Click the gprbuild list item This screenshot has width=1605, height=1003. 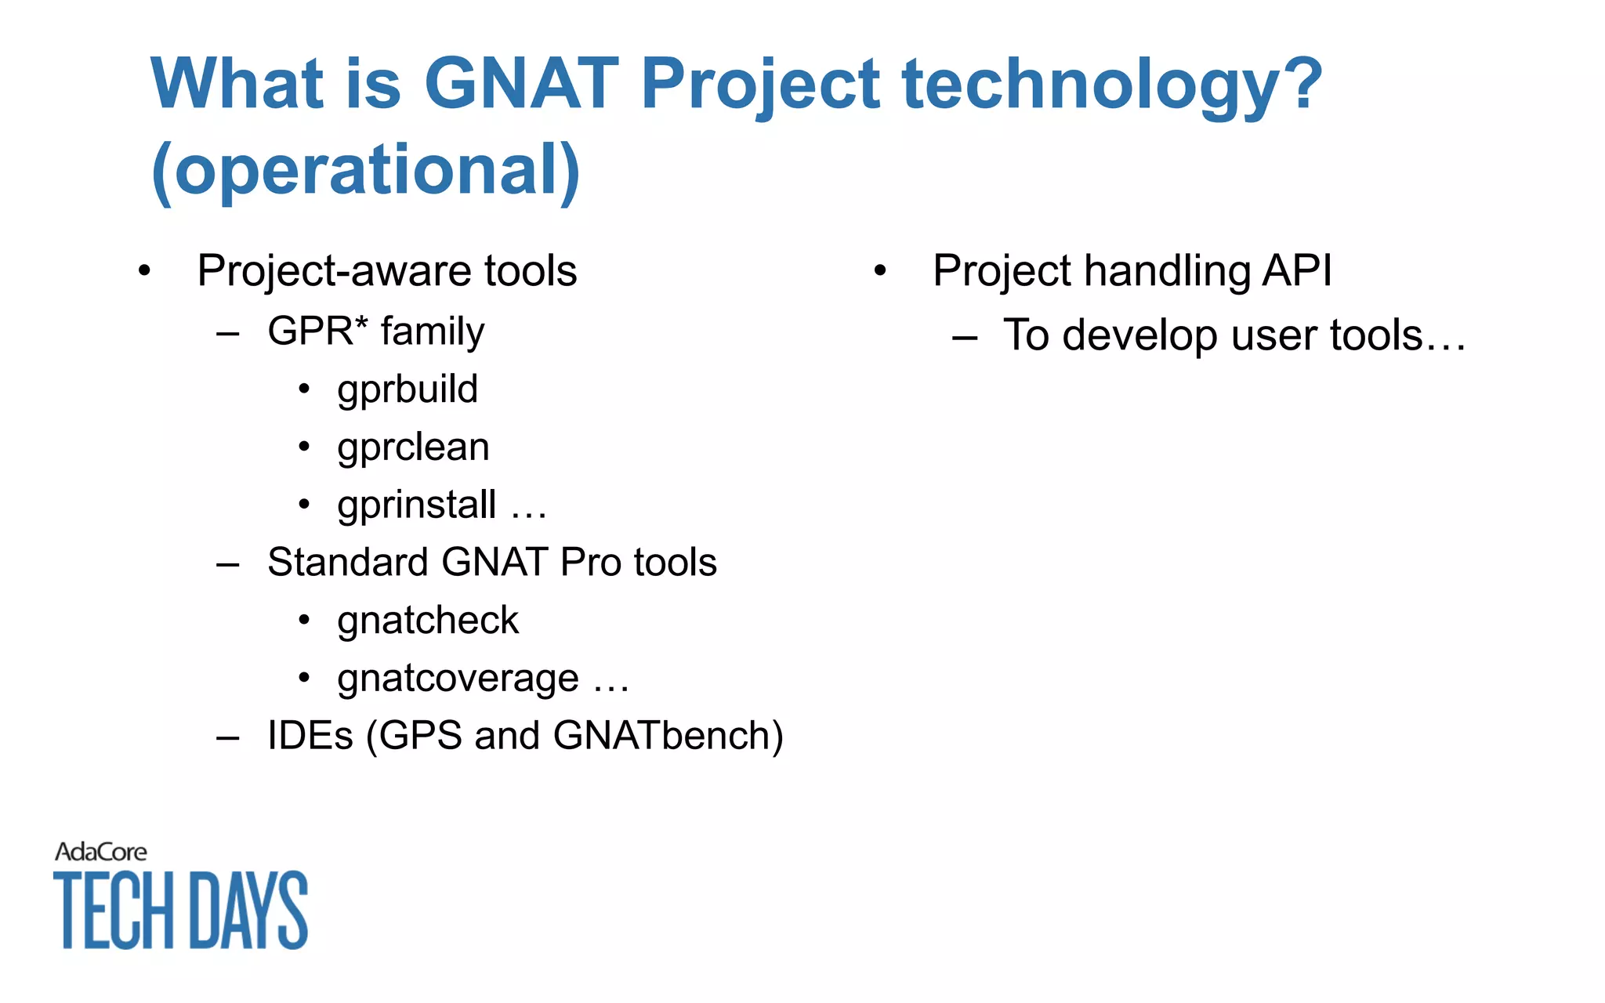(408, 389)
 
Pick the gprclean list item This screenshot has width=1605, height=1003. (413, 447)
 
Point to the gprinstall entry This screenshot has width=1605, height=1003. (417, 505)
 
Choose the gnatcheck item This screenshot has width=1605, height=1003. (428, 621)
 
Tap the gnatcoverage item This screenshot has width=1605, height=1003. (458, 679)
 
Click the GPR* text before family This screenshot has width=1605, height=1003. (317, 331)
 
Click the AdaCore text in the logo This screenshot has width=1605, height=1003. (100, 852)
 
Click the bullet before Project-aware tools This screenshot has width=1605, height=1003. (144, 271)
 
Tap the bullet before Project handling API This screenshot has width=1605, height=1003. (880, 271)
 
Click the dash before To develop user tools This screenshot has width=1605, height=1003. (965, 338)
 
